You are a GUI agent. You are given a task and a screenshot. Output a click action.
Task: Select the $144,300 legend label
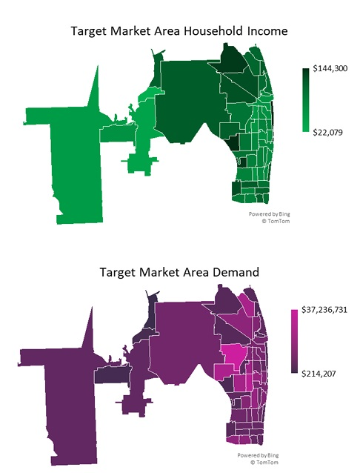330,68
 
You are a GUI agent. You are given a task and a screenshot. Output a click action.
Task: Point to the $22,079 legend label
327,132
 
